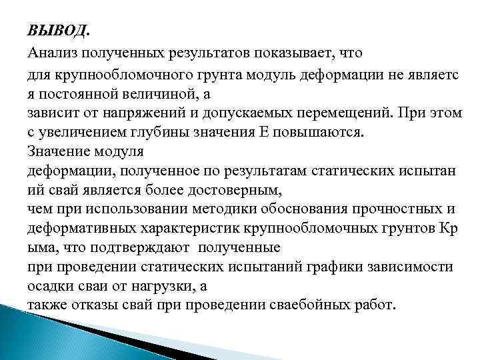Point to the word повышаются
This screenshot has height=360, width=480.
pos(314,131)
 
